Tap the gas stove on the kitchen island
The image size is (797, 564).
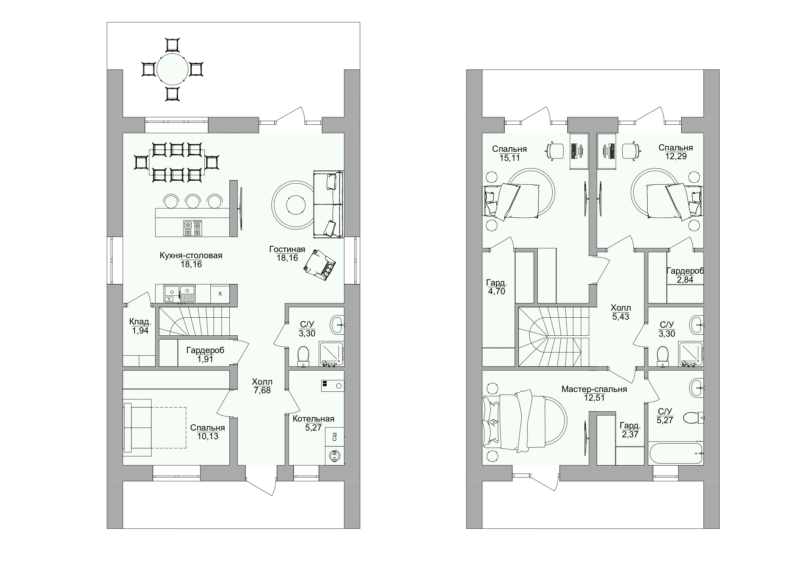[192, 228]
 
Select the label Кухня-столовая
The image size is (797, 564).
[191, 255]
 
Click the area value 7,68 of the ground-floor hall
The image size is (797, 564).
[262, 390]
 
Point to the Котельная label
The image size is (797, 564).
[314, 419]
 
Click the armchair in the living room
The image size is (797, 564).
[320, 264]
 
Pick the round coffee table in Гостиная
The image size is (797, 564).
[296, 205]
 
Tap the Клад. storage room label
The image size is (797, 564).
[140, 322]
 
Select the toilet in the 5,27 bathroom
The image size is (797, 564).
[693, 418]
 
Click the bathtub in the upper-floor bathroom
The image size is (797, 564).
[676, 453]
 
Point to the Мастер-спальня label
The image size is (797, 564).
[594, 389]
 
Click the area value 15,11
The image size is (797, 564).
[509, 158]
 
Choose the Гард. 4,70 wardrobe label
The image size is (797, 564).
[496, 287]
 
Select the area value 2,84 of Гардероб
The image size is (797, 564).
[685, 280]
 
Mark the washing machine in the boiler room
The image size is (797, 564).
[335, 456]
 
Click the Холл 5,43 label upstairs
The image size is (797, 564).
[621, 312]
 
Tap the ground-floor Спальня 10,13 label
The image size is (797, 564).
[208, 432]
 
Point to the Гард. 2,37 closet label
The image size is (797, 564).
[630, 430]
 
